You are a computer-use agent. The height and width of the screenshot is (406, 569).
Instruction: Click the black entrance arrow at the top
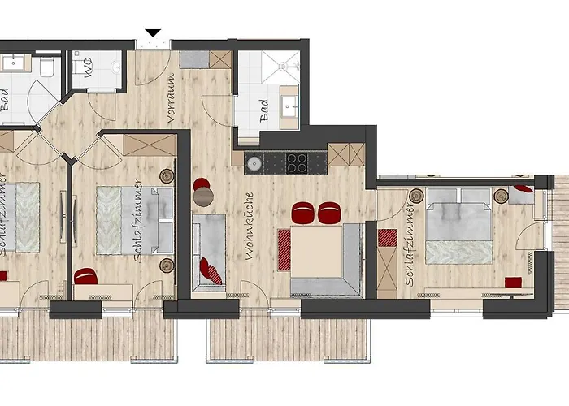[x=153, y=32]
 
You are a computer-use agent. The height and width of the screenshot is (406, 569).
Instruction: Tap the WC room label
[x=88, y=67]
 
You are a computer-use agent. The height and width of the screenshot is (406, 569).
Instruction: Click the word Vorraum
[x=171, y=98]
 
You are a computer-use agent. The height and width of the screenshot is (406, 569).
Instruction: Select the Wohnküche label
[x=249, y=226]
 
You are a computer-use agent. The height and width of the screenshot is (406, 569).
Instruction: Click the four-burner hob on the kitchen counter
[x=297, y=162]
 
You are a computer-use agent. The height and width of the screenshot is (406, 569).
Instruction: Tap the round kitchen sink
[x=254, y=163]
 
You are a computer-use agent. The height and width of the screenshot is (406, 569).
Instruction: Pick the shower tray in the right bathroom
[x=281, y=67]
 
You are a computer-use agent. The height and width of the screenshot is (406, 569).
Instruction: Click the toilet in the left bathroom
[x=47, y=67]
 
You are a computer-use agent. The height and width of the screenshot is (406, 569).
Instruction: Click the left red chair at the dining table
[x=302, y=213]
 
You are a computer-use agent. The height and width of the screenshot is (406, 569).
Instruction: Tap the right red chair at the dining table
[x=329, y=213]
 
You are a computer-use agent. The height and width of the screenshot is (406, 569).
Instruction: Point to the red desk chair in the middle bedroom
[x=85, y=276]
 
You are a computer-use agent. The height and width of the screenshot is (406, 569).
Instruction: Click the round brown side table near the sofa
[x=203, y=197]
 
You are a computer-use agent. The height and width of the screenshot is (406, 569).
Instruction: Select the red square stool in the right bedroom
[x=513, y=283]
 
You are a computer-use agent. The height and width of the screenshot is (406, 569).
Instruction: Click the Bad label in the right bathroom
[x=264, y=110]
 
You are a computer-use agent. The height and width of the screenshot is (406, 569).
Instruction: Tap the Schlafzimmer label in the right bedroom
[x=410, y=245]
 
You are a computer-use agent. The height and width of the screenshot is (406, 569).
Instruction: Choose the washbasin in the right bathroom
[x=289, y=107]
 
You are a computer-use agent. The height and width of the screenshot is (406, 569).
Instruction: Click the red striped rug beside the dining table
[x=284, y=250]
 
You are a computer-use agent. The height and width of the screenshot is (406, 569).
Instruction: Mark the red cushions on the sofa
[x=211, y=270]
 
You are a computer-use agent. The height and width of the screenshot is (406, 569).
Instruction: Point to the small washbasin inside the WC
[x=116, y=67]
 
